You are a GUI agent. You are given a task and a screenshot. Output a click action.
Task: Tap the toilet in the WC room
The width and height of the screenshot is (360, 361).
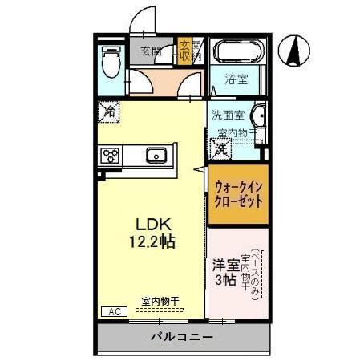[x=112, y=60]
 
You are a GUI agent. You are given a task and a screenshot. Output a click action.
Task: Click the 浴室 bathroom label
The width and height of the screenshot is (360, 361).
[x=235, y=80]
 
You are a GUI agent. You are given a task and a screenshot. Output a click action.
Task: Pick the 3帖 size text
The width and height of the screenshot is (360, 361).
[x=225, y=280]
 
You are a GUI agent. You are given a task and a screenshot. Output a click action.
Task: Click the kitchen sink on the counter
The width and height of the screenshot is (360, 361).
[x=155, y=154]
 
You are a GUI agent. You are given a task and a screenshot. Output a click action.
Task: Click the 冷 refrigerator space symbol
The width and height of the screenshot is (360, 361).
[x=108, y=113]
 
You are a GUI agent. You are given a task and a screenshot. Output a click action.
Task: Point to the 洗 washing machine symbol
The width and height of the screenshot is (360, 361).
[x=220, y=148]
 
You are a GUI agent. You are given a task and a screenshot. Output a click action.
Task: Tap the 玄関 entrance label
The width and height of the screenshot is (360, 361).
[x=151, y=52]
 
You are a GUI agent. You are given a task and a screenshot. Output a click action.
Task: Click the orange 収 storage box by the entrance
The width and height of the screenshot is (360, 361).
[x=185, y=51]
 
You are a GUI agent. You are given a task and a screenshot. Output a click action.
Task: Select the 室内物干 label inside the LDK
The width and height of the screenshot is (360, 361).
[x=160, y=302]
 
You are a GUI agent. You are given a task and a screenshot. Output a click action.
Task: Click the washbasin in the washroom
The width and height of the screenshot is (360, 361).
[x=260, y=115]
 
